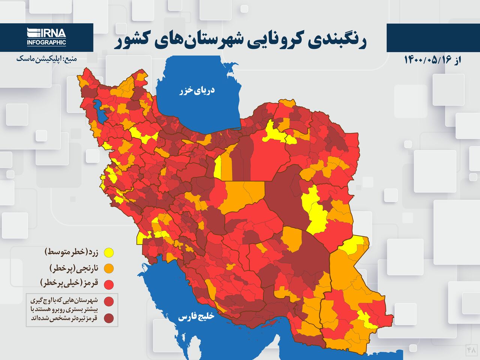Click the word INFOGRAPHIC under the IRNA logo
[46, 42]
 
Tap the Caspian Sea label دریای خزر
[197, 90]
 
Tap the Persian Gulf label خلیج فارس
[196, 317]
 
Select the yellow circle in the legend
[109, 253]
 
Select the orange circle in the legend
[109, 268]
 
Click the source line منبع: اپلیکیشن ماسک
[46, 59]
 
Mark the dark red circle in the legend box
[109, 318]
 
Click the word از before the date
[457, 60]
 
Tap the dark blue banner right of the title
[433, 37]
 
